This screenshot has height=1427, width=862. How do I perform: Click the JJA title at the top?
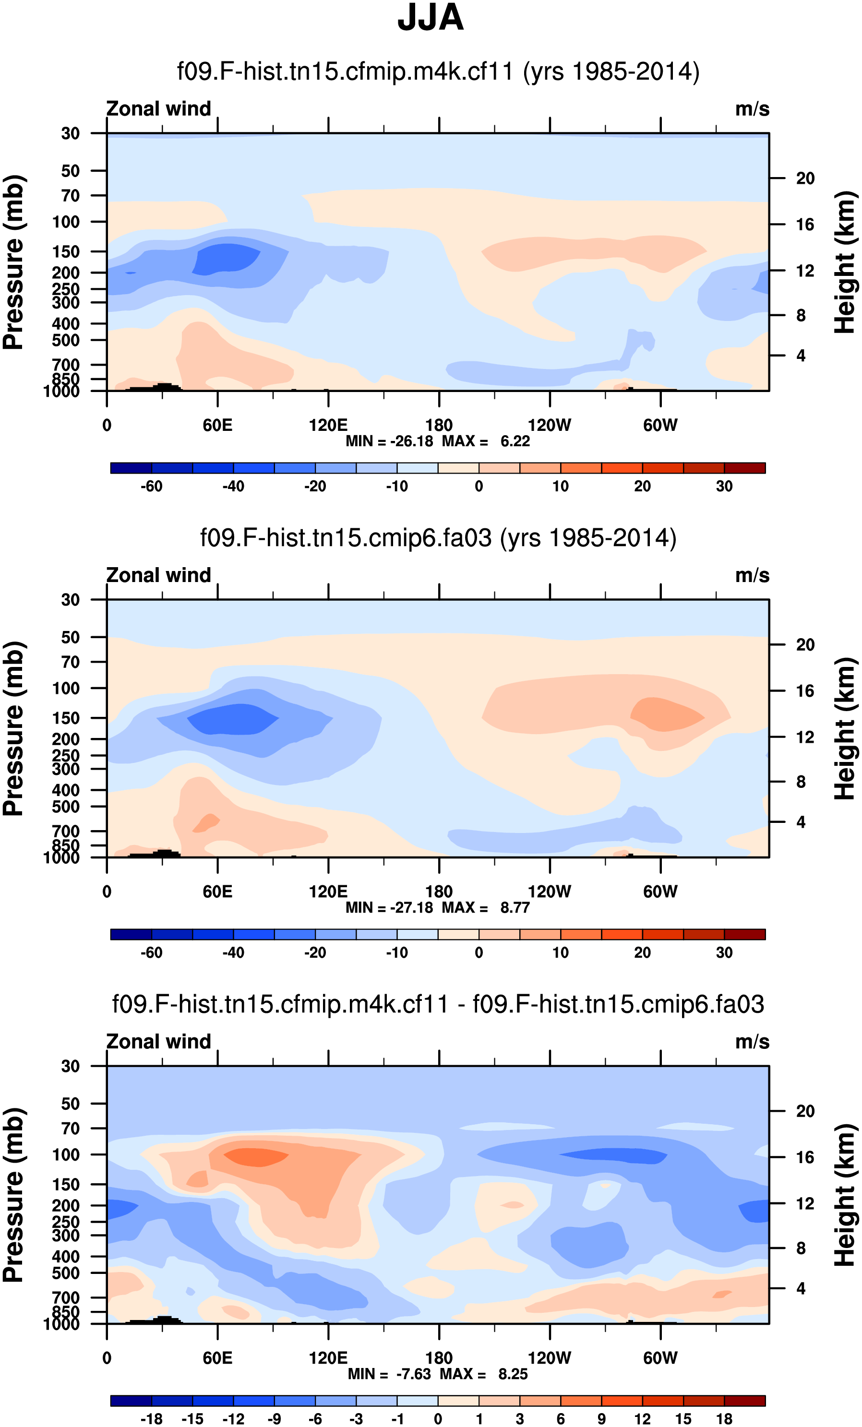pyautogui.click(x=431, y=18)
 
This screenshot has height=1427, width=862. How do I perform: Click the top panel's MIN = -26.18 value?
pyautogui.click(x=389, y=441)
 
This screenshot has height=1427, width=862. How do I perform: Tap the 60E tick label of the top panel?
pyautogui.click(x=217, y=426)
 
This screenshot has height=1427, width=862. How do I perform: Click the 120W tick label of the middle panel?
pyautogui.click(x=549, y=892)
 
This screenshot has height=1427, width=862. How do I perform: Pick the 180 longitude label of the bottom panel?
pyautogui.click(x=439, y=1358)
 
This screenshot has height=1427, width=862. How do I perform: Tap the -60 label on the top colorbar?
pyautogui.click(x=151, y=487)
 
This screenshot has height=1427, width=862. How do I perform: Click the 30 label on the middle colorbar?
pyautogui.click(x=724, y=952)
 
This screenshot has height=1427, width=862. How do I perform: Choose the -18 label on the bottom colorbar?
pyautogui.click(x=151, y=1419)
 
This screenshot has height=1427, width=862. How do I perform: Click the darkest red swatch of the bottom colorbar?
pyautogui.click(x=744, y=1401)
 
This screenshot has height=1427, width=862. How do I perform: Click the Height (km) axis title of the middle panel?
pyautogui.click(x=845, y=728)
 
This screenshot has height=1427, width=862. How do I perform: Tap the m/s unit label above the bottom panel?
pyautogui.click(x=752, y=1042)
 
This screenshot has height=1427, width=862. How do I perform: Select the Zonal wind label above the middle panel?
pyautogui.click(x=158, y=576)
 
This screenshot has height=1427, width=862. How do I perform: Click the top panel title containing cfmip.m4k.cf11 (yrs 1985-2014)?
pyautogui.click(x=438, y=72)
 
